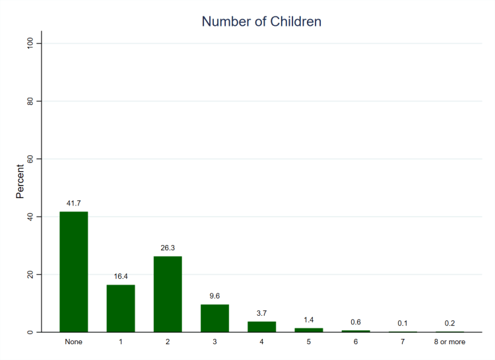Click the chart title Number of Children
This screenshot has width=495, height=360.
coord(261,21)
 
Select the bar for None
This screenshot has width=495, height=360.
coord(73,271)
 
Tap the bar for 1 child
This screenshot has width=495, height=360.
coord(121,308)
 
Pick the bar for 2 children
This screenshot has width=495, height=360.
coord(168,294)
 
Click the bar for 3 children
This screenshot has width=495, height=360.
coord(214,318)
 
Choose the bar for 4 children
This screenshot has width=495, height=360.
coord(262,326)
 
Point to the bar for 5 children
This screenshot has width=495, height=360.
coord(309,330)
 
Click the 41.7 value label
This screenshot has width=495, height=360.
coord(73,203)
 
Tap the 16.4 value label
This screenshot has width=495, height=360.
coord(121,276)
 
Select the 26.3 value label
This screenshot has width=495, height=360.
coord(168,248)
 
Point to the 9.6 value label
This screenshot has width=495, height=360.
coord(214,296)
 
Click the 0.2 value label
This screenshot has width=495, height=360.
coord(450,323)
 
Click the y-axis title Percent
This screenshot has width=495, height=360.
coord(20,182)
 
